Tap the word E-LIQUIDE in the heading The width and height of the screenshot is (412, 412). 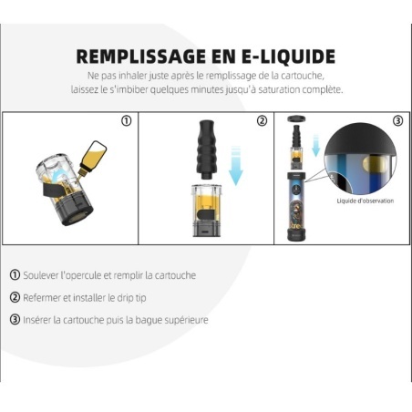289,57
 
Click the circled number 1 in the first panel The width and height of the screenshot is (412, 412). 127,121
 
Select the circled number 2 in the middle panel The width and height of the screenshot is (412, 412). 262,121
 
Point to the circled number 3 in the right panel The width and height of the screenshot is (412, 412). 397,121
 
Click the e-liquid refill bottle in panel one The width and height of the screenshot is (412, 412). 93,158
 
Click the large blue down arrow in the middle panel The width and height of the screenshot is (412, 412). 236,166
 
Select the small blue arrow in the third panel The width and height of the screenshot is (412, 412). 316,146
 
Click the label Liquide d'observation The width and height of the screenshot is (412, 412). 366,201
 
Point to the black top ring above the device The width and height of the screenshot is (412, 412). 296,118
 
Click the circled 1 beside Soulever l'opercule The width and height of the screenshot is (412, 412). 15,275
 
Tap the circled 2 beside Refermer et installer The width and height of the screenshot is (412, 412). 15,297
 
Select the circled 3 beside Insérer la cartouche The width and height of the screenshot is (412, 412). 15,320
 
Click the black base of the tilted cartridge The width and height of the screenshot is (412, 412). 76,210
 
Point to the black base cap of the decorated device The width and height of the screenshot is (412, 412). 296,236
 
